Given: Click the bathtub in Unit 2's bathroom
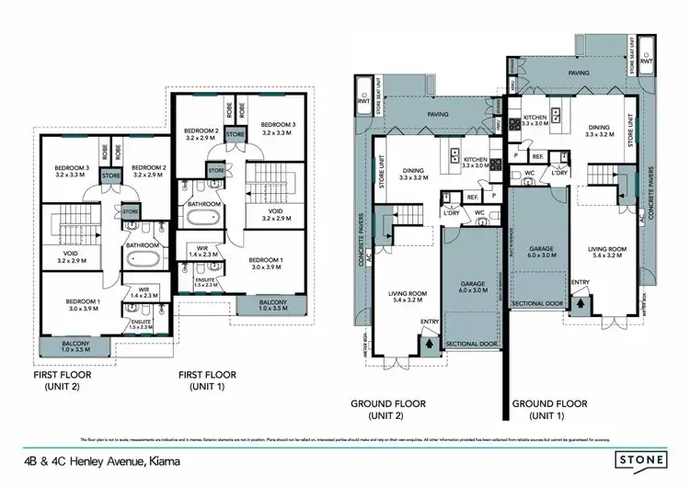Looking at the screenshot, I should (143, 264).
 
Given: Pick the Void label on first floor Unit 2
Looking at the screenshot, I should (71, 256).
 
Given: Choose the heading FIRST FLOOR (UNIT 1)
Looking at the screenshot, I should (205, 379).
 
